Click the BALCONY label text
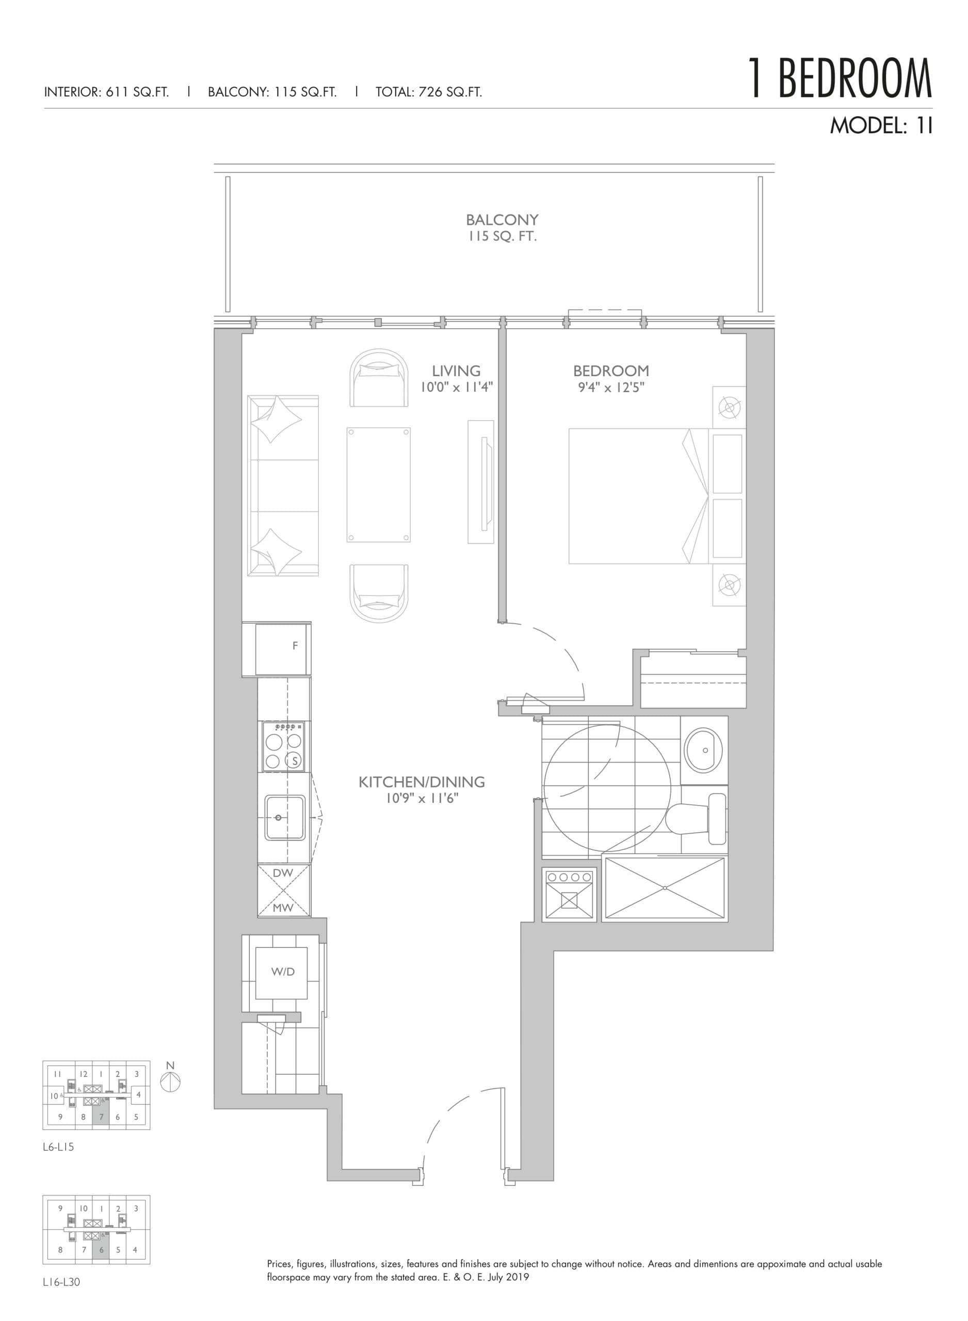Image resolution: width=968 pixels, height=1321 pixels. coord(502,220)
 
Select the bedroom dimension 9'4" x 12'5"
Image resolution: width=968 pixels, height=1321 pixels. coord(610,387)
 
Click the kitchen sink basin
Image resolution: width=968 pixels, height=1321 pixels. coord(284,817)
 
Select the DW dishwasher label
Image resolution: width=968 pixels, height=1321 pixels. coord(283,873)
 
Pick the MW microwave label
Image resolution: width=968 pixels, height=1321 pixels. coord(283,908)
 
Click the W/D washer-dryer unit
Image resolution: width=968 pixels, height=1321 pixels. coord(282,972)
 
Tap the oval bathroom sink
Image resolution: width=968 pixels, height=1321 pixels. coord(703,750)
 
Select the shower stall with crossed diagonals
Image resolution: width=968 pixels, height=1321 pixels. coord(665,888)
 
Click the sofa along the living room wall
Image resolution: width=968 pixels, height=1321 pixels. coord(283,485)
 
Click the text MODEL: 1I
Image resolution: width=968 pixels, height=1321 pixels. coord(880,126)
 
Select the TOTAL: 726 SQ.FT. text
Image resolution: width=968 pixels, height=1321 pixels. coord(428,92)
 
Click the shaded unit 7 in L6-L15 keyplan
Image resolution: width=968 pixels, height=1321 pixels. coord(101,1117)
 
